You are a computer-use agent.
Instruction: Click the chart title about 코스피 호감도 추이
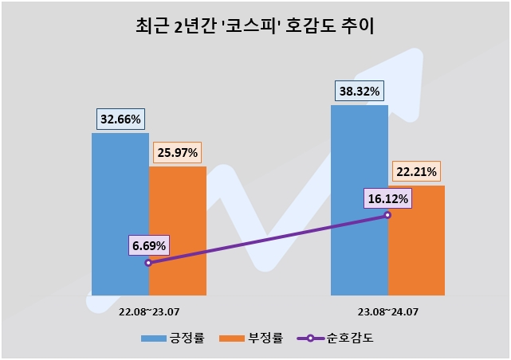[x=255, y=27]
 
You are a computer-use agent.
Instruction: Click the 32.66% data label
[x=120, y=119]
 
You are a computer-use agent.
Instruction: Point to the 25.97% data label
[x=178, y=152]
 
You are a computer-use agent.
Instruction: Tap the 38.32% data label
[x=360, y=91]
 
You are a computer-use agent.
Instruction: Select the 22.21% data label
[x=416, y=172]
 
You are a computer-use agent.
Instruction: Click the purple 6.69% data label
[x=149, y=245]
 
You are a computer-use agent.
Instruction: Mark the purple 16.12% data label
[x=388, y=198]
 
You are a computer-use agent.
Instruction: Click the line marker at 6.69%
[x=148, y=262]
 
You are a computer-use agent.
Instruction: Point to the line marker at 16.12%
[x=387, y=215]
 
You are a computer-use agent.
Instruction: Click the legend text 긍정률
[x=187, y=338]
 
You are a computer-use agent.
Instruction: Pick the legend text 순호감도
[x=351, y=338]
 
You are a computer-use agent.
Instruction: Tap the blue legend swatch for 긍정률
[x=154, y=338]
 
